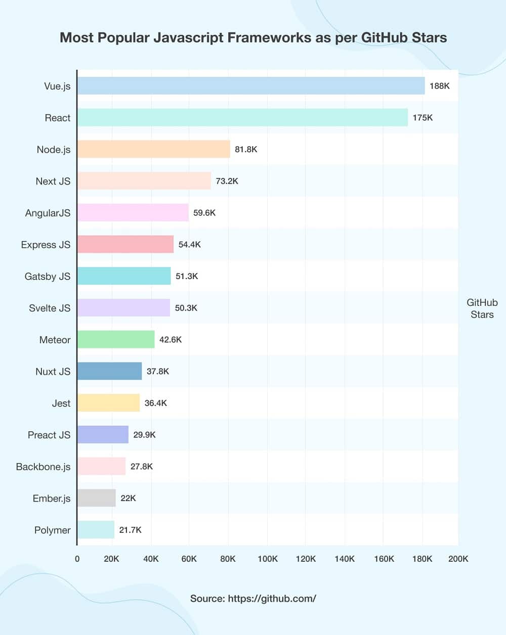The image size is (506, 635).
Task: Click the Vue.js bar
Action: click(x=250, y=86)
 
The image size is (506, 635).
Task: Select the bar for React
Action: click(x=242, y=118)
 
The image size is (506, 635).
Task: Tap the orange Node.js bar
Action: click(x=153, y=149)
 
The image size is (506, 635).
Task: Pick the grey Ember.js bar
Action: click(x=96, y=498)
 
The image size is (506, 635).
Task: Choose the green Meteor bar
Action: click(x=116, y=340)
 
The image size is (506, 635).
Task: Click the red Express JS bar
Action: click(x=125, y=244)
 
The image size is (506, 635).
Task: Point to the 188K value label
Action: click(x=439, y=86)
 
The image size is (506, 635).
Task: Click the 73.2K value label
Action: click(x=227, y=181)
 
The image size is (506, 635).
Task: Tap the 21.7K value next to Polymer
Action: click(x=130, y=530)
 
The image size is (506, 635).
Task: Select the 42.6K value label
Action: click(x=171, y=340)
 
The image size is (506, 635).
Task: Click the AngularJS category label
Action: click(x=48, y=213)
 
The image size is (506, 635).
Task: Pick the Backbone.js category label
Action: click(x=43, y=467)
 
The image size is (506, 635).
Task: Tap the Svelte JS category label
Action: click(x=50, y=308)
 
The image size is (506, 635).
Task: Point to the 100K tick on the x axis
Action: click(x=268, y=559)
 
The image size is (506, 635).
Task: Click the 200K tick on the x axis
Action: click(x=458, y=559)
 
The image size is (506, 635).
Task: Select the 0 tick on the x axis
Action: click(x=77, y=559)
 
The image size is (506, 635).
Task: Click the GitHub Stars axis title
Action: click(x=482, y=308)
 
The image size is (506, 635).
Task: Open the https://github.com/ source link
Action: click(x=272, y=599)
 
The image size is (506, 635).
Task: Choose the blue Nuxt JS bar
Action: click(x=109, y=372)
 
